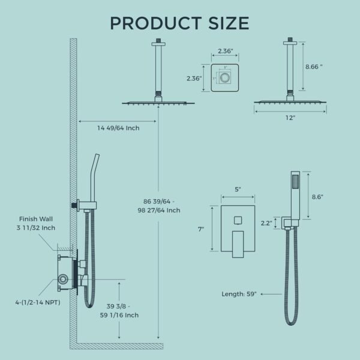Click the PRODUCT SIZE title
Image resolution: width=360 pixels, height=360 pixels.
click(179, 22)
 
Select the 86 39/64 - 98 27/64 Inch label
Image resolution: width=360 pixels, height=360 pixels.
click(158, 205)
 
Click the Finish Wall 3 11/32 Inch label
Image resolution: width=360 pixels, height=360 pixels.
click(37, 223)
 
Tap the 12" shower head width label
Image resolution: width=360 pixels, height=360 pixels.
click(290, 118)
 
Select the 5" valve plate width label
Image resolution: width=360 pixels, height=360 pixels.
click(238, 190)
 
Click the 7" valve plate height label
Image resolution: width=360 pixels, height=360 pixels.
click(200, 229)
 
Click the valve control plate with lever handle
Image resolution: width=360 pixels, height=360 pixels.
click(238, 229)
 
